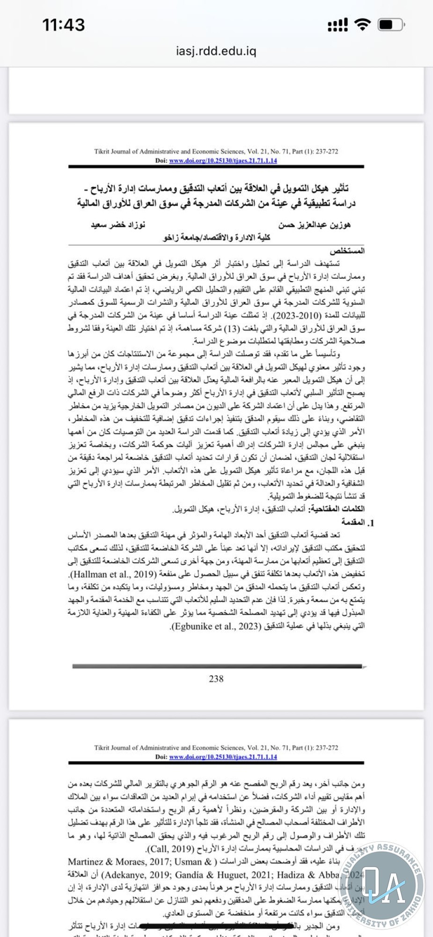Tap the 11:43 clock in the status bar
tap(64, 25)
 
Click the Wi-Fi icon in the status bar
tap(362, 24)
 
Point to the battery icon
tap(391, 24)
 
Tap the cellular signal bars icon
tap(338, 25)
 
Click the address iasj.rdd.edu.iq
tap(216, 51)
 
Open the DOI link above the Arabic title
tap(223, 161)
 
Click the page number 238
tap(216, 678)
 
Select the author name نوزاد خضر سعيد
tap(118, 225)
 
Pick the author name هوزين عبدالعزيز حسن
tap(314, 225)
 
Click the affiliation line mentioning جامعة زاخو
tap(216, 238)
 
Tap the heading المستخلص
tap(347, 251)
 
